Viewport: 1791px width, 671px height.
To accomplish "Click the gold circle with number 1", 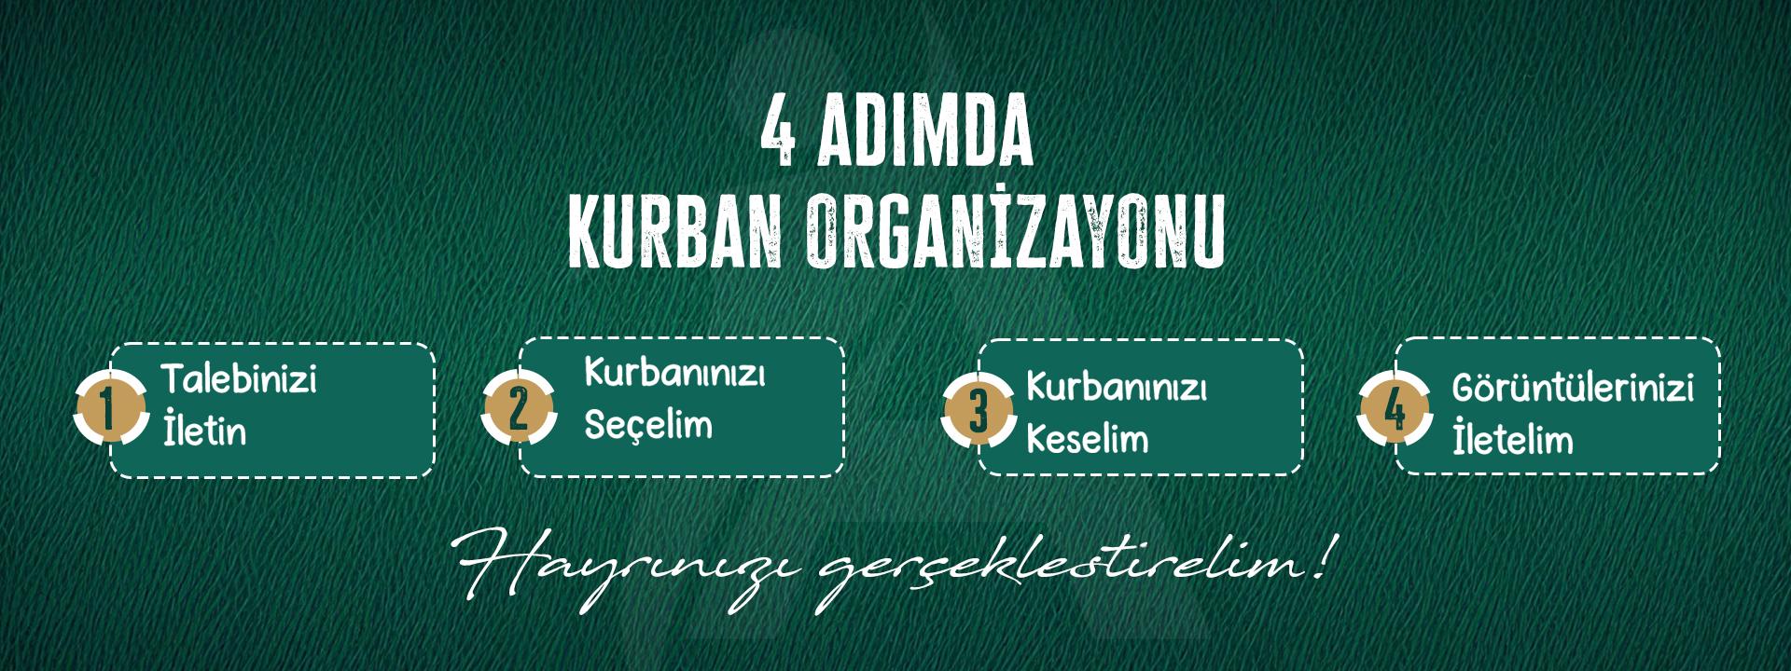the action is coord(110,408).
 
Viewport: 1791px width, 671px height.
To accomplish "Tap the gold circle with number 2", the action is coord(519,408).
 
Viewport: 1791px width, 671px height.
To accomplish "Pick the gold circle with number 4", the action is coord(1394,409).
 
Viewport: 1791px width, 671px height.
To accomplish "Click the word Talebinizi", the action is coord(239,380).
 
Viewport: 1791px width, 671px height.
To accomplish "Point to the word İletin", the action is coord(204,431).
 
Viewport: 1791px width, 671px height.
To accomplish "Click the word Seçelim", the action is coord(648,425).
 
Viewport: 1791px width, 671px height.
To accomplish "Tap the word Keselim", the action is coord(1087,438).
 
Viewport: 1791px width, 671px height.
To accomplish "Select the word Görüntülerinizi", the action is coord(1573,388).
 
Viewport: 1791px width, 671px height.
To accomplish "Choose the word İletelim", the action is coord(1513,438).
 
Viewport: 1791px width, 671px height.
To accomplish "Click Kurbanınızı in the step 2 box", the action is coord(674,374).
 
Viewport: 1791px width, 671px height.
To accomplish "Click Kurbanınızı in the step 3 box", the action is coord(1117,387).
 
